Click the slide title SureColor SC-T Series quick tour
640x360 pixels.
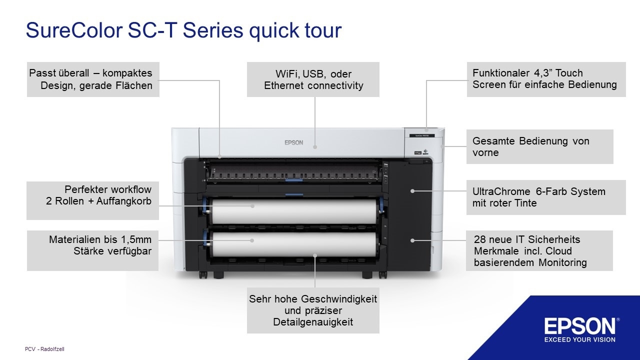183,30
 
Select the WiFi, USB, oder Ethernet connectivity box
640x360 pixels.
313,79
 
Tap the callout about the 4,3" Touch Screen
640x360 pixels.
546,79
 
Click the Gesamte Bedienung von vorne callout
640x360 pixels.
539,146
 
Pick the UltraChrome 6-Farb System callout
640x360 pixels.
545,197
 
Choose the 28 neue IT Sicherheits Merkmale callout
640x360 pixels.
539,250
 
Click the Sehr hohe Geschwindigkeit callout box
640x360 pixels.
313,310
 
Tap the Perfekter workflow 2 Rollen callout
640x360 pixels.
92,200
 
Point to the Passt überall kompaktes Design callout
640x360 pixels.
92,79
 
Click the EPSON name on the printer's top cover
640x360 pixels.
294,142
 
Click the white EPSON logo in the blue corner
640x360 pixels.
580,326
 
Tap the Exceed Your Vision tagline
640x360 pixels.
580,340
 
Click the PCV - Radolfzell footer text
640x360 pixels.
44,349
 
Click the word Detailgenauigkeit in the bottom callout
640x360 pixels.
313,322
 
